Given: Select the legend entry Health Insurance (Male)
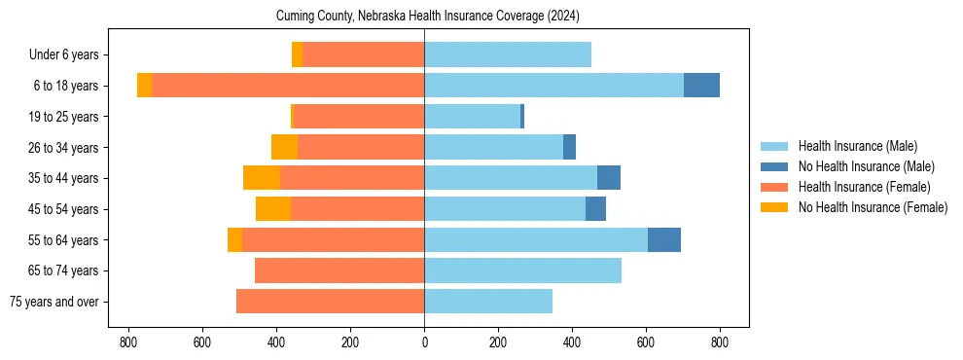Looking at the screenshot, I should tap(857, 146).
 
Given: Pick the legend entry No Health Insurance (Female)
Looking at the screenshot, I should tap(873, 207).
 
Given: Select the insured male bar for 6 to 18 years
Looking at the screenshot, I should tap(553, 86).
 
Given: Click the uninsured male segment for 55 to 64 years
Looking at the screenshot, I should tap(664, 239).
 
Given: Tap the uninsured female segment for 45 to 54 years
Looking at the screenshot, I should tap(273, 209).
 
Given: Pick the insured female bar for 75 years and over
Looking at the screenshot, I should tap(330, 302).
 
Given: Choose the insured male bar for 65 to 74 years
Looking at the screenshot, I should tap(522, 270).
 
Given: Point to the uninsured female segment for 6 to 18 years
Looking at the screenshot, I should tap(144, 86).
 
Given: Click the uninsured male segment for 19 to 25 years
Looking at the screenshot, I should tap(522, 117).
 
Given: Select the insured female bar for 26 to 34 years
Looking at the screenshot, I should tap(361, 147).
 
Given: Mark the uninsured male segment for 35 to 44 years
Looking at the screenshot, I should tap(609, 178).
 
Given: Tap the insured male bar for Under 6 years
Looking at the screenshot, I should tap(508, 54).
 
